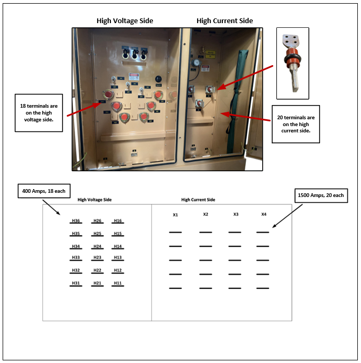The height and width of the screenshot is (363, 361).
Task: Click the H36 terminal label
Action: point(76,221)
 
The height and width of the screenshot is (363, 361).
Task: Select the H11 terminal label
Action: point(118,283)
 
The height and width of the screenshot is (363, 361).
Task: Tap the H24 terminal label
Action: point(97,246)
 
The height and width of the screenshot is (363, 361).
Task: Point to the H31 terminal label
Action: point(76,283)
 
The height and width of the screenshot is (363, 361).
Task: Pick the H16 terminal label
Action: point(118,221)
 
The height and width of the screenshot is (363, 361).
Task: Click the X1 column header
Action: point(176,215)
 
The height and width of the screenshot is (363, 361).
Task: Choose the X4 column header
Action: point(264,214)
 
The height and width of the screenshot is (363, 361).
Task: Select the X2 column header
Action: point(205,214)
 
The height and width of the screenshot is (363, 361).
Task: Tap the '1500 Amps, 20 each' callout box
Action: point(320,195)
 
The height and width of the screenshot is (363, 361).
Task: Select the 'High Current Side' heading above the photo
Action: point(224,21)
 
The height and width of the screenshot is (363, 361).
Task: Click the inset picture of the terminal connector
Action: point(293,64)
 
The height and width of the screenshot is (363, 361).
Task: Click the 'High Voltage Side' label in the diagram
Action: point(95,200)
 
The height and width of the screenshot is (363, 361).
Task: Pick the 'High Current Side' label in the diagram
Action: point(198,200)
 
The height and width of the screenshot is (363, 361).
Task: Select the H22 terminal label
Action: point(97,270)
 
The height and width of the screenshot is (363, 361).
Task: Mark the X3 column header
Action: point(235,214)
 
